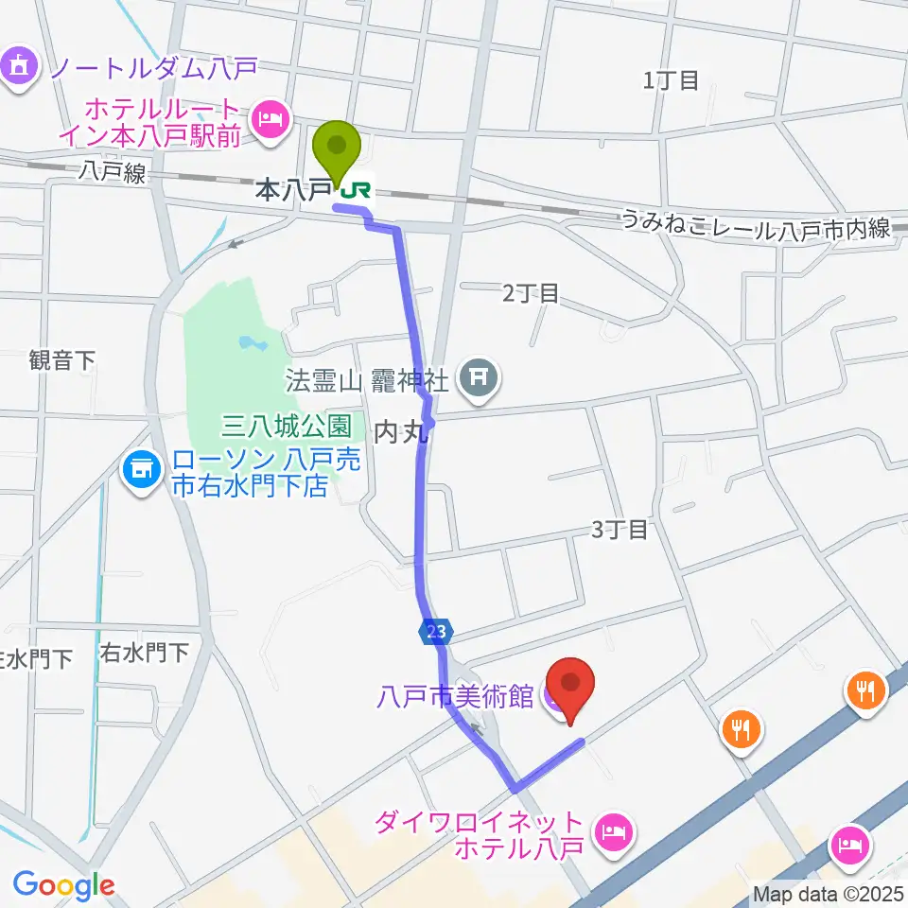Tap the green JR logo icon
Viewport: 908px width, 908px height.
(357, 191)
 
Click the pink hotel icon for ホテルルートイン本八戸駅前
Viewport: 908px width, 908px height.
(271, 120)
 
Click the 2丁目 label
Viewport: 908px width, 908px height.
(531, 293)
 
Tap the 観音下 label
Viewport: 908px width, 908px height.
(62, 359)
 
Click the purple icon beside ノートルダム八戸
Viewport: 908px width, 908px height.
(19, 67)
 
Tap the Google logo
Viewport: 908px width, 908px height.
(63, 885)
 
